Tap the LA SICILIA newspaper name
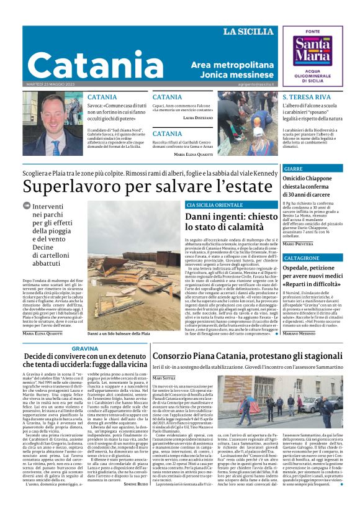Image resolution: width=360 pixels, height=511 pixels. click(248, 32)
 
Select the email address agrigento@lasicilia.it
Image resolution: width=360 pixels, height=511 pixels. click(254, 83)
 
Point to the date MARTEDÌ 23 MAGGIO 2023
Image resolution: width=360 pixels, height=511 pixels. click(50, 84)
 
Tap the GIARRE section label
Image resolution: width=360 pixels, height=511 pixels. click(293, 169)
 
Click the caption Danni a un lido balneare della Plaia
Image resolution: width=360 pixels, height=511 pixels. click(118, 333)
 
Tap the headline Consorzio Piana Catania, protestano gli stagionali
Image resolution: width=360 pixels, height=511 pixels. click(238, 356)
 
